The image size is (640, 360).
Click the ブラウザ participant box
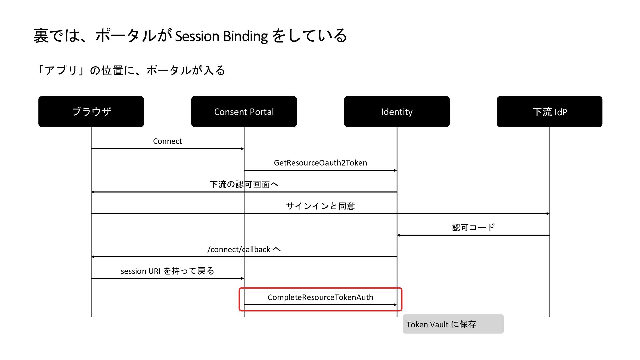coord(91,111)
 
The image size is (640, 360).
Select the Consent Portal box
coord(244,111)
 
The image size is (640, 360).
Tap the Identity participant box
coord(397,111)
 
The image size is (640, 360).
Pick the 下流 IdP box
coord(549,111)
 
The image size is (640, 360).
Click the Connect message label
coord(167,141)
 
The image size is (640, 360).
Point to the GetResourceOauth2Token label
coord(320,163)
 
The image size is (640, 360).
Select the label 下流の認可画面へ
coord(244,184)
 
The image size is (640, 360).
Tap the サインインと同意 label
coord(320,206)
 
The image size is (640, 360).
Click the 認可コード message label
coord(473,227)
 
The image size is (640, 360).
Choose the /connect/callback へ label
coord(244,249)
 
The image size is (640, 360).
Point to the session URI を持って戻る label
coord(167,271)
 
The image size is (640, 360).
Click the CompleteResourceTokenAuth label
coord(320,297)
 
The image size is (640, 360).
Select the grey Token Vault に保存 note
coord(453,324)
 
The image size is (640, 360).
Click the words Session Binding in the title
coord(221,36)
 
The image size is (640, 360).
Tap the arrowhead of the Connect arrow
coord(242,149)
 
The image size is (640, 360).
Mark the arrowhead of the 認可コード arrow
coord(399,235)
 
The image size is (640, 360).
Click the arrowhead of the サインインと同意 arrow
coord(548,213)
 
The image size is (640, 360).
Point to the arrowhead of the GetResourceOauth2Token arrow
coord(395,170)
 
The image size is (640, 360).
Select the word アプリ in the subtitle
coord(61,70)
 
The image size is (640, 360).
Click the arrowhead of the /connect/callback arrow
coord(93,257)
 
